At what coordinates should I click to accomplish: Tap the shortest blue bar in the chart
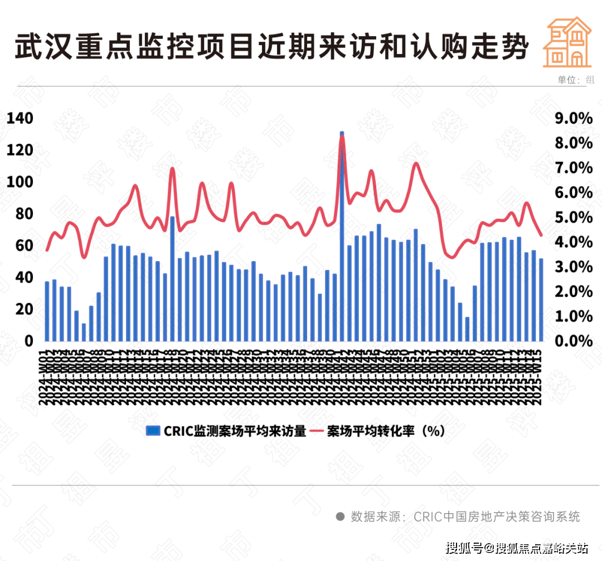click(x=84, y=332)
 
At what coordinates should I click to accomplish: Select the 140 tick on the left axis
click(x=20, y=118)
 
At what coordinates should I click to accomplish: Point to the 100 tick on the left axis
click(x=20, y=182)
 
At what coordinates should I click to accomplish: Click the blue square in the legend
click(x=152, y=431)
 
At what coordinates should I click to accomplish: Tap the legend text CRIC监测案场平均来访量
click(x=234, y=431)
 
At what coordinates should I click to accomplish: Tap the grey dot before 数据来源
click(x=339, y=516)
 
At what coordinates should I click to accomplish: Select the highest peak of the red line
click(x=342, y=137)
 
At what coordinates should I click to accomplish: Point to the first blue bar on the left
click(x=47, y=311)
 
